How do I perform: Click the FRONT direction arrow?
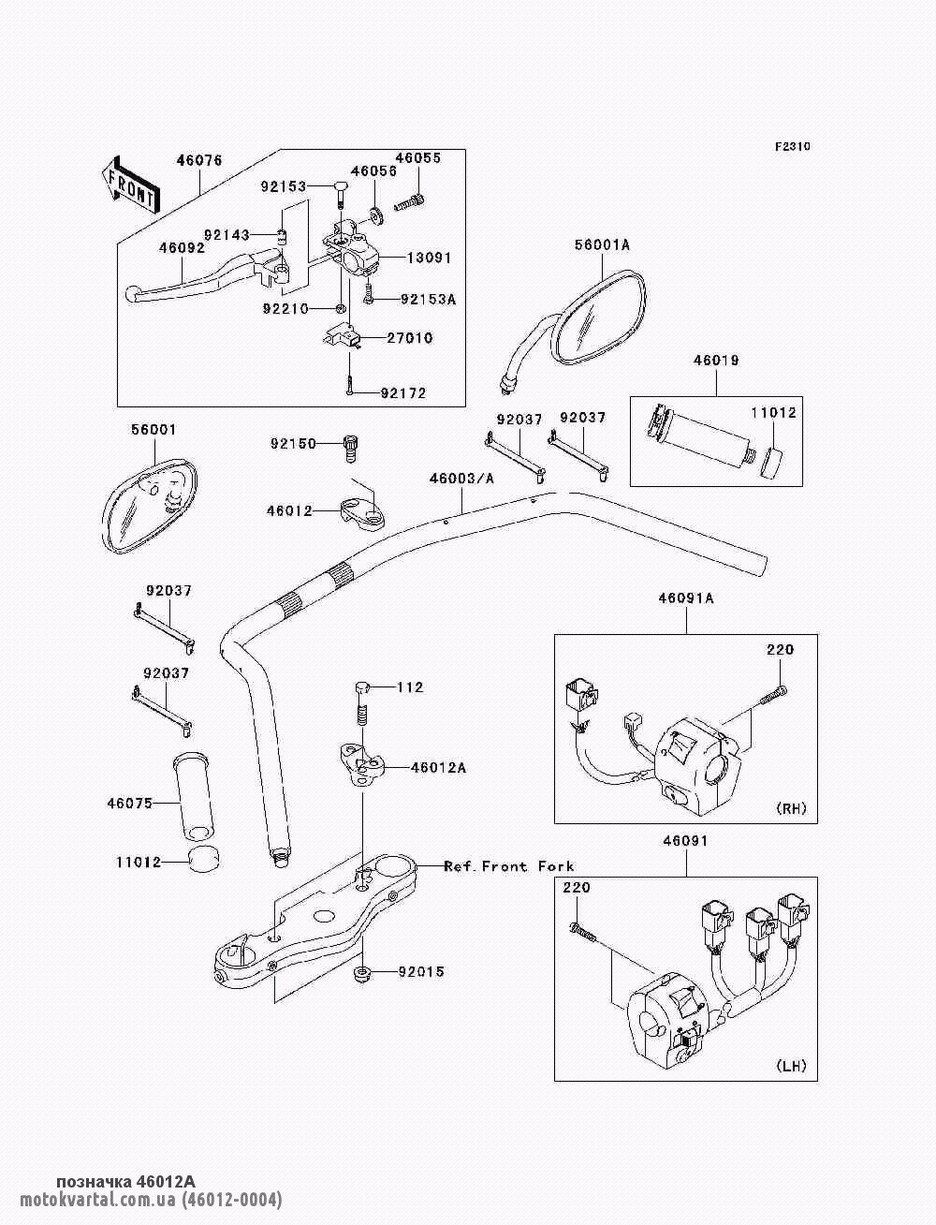130,184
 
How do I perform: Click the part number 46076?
199,160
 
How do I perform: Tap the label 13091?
429,258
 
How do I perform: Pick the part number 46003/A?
461,479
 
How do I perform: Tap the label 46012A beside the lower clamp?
438,768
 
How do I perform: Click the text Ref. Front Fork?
509,866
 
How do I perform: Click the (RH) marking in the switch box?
791,808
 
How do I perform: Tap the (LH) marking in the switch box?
791,1066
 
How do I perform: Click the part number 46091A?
686,598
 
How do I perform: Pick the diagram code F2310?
792,147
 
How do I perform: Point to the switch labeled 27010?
344,337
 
